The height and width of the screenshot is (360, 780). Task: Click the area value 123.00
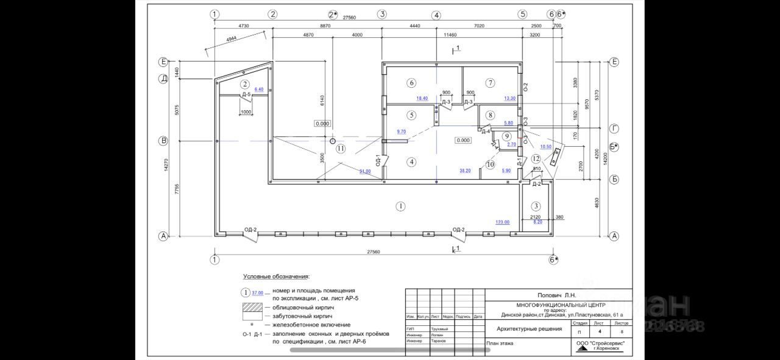502,222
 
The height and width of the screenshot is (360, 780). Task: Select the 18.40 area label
422,98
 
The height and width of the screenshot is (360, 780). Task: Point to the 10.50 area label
545,147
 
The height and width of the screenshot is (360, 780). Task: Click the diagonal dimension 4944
232,40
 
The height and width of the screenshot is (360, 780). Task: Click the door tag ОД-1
378,161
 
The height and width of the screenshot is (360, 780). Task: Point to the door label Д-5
246,95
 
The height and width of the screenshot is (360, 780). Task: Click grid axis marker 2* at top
333,14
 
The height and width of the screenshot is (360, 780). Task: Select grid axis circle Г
614,129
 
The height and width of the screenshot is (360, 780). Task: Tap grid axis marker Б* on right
614,146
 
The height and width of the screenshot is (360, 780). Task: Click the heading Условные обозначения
276,277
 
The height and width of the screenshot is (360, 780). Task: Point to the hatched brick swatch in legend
253,308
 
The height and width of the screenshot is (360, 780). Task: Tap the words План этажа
500,343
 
